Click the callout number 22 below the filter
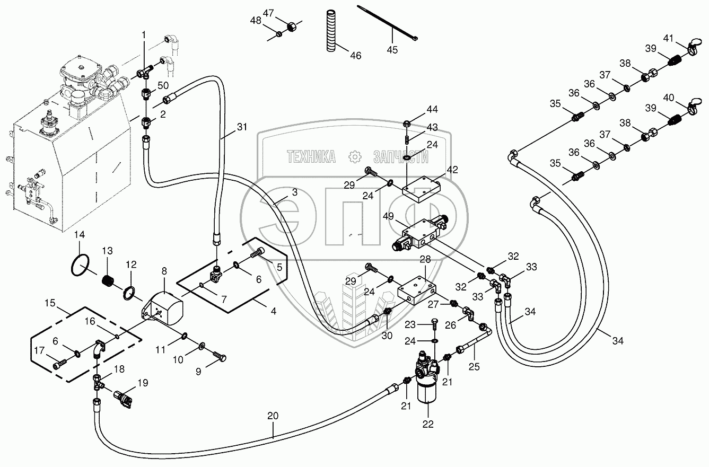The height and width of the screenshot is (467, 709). pos(428,424)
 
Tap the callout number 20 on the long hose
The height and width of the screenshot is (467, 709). pos(273,417)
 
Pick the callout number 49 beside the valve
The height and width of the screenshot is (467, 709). pos(388,216)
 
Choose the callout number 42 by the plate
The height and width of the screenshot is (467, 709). pos(452,170)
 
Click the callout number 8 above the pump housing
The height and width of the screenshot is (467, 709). pos(164,271)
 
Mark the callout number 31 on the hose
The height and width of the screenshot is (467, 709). pos(242,127)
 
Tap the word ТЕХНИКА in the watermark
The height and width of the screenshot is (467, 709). pos(311,156)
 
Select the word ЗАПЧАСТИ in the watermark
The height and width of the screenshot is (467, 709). pos(400,156)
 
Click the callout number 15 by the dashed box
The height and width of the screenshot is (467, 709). pos(50,303)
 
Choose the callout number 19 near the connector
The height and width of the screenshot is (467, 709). pos(143,383)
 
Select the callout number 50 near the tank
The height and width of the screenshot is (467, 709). pos(163,85)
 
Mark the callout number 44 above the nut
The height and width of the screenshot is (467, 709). pos(432,109)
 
